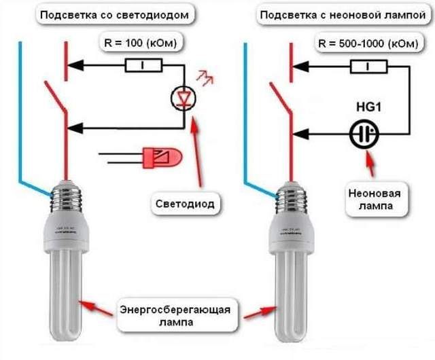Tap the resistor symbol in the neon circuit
pyautogui.click(x=368, y=66)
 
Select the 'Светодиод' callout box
pyautogui.click(x=184, y=203)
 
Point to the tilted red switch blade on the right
pyautogui.click(x=281, y=102)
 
